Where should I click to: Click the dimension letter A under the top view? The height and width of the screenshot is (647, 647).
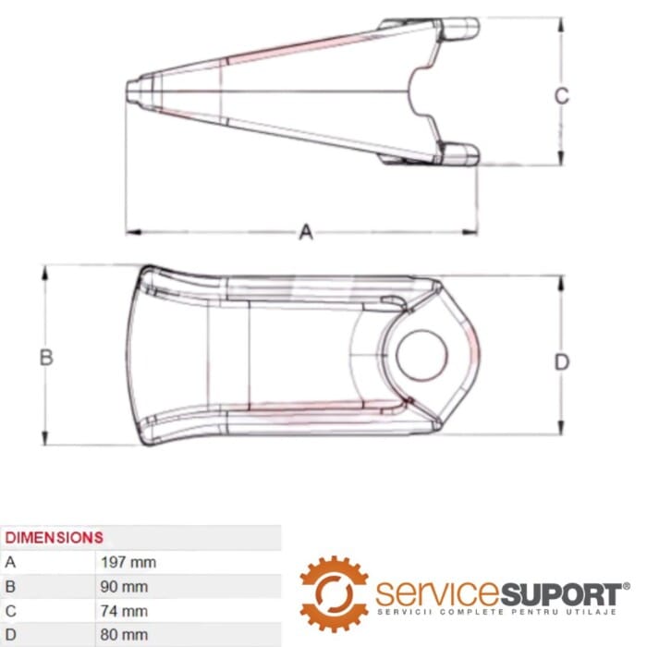point(306,232)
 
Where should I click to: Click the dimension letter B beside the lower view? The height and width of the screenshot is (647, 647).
point(46,358)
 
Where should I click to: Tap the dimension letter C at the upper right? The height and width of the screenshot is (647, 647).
point(562,96)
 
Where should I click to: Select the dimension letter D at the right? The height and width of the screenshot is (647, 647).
point(562,362)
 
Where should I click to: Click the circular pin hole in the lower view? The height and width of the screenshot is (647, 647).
point(421,355)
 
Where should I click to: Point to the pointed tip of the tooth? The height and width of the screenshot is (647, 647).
point(128,92)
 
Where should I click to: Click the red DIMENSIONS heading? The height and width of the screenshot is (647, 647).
point(54,537)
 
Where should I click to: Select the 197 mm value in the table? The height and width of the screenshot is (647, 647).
point(128,562)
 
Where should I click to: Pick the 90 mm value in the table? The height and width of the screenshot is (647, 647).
point(124,586)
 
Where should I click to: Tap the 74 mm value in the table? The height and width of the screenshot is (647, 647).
point(124,611)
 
